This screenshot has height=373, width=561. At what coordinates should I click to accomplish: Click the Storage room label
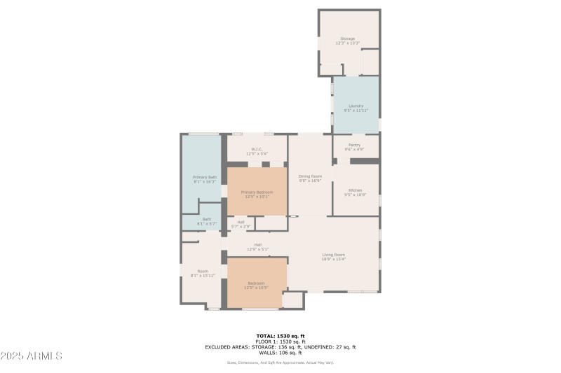point(347,38)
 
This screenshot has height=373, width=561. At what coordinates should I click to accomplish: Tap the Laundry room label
point(356,106)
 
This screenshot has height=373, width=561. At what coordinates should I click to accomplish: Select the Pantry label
point(354,145)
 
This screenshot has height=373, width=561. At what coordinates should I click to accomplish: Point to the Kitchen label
point(356,190)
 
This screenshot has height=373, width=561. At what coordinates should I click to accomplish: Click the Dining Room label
point(310,176)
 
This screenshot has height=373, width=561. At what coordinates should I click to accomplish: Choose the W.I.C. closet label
point(257,149)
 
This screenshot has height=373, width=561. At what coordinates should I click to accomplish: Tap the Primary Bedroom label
point(257,192)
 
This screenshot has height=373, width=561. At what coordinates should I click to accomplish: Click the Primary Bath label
point(205,178)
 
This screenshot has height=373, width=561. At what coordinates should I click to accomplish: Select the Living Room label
point(334,255)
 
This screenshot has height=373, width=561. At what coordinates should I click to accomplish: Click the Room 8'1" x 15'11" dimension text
point(203,276)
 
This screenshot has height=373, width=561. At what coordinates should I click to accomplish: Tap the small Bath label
point(207,219)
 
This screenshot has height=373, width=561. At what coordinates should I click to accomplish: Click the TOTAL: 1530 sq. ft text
point(280,336)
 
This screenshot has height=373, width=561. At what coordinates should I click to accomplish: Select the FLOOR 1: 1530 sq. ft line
point(280,342)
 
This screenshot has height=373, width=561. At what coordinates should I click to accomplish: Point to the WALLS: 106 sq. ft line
point(280,352)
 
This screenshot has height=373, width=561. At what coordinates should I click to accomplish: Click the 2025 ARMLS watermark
point(32,356)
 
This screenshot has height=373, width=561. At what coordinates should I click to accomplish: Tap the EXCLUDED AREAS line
point(280,347)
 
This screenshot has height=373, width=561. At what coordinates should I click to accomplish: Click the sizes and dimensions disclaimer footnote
point(280,363)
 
